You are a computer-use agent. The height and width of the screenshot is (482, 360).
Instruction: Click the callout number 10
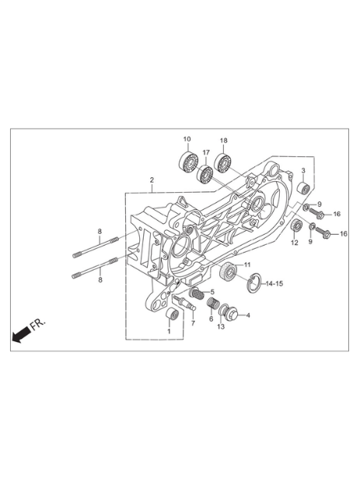pyautogui.click(x=187, y=139)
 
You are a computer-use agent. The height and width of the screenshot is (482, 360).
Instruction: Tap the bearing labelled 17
pyautogui.click(x=204, y=174)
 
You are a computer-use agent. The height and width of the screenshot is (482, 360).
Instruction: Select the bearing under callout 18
pyautogui.click(x=223, y=162)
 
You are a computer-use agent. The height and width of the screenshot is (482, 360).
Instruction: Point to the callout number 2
pyautogui.click(x=152, y=180)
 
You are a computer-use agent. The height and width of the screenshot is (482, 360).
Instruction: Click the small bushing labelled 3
pyautogui.click(x=303, y=188)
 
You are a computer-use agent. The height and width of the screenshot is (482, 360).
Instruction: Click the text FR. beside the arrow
pyautogui.click(x=38, y=324)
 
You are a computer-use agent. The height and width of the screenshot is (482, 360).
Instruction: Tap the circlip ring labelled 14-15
pyautogui.click(x=254, y=284)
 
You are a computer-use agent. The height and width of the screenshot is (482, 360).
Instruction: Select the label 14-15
pyautogui.click(x=274, y=284)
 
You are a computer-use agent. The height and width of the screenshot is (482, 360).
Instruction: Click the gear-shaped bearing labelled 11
pyautogui.click(x=228, y=271)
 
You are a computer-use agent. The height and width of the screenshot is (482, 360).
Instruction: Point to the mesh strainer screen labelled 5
pyautogui.click(x=197, y=295)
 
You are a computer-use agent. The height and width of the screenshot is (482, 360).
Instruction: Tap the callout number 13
pyautogui.click(x=221, y=327)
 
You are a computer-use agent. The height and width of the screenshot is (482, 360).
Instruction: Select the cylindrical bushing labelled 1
pyautogui.click(x=172, y=315)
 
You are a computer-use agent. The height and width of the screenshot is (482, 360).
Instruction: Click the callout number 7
pyautogui.click(x=193, y=323)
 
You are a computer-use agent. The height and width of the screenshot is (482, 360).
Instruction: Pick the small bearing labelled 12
pyautogui.click(x=295, y=228)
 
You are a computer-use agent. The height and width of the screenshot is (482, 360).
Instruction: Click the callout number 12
pyautogui.click(x=294, y=243)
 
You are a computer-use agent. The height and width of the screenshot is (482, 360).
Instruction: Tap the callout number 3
pyautogui.click(x=303, y=170)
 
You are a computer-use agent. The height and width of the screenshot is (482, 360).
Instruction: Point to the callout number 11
pyautogui.click(x=247, y=264)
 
